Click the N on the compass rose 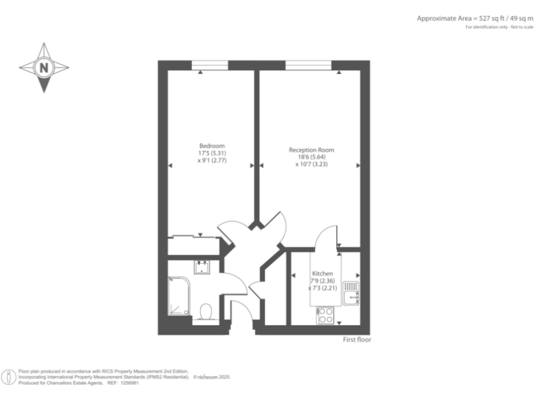coord(44,68)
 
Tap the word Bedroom coord(212,146)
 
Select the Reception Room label coord(311,150)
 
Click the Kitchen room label coord(322,274)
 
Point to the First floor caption coord(357,340)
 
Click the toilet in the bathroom coord(206,310)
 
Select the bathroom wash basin coord(202,267)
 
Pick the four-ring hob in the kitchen coord(325,315)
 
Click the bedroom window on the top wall coord(209,65)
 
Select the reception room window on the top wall coord(309,65)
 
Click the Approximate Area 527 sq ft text coord(474,19)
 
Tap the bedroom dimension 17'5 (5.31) coord(212,153)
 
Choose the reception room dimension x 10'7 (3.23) coord(312,164)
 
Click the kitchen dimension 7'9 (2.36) coord(323,281)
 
